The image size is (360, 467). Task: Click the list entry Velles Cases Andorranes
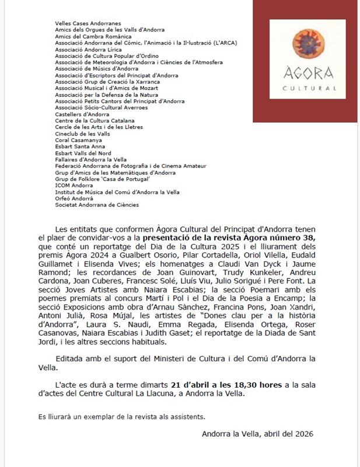80,23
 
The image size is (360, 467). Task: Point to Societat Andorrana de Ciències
97,205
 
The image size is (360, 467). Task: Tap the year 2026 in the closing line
304,434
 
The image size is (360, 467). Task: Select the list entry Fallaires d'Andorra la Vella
92,159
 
